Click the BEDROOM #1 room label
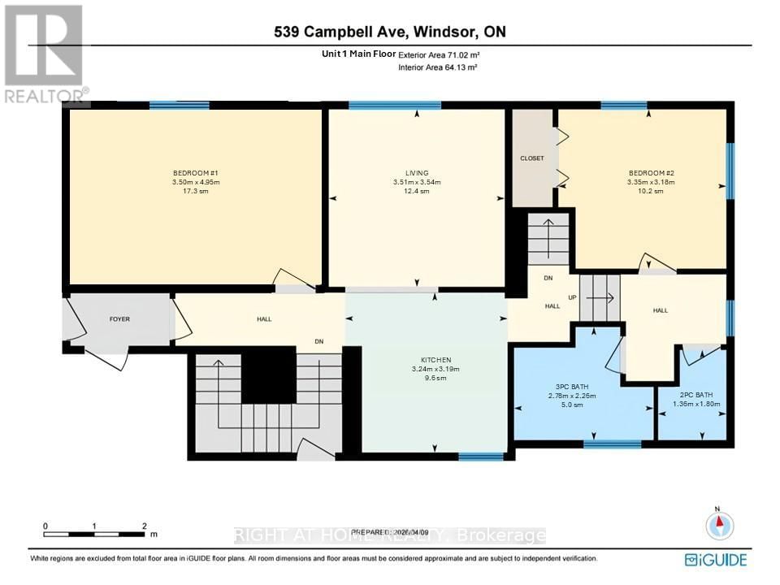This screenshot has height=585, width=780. [196, 173]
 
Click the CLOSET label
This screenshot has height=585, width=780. [532, 158]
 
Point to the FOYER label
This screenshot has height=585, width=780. [119, 319]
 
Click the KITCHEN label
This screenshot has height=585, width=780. [435, 360]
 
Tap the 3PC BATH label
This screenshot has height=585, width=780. [573, 387]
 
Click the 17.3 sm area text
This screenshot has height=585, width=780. [196, 192]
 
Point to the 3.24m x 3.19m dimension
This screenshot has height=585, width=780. [435, 369]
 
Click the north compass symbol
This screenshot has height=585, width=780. [719, 526]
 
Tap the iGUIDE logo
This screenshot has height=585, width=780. [716, 559]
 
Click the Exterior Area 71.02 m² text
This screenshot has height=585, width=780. [437, 54]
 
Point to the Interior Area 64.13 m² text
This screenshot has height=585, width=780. [437, 68]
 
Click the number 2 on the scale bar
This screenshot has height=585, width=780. [144, 526]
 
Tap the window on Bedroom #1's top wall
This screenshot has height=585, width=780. [180, 105]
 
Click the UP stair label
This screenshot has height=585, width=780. [572, 297]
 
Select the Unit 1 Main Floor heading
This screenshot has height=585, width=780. [358, 54]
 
